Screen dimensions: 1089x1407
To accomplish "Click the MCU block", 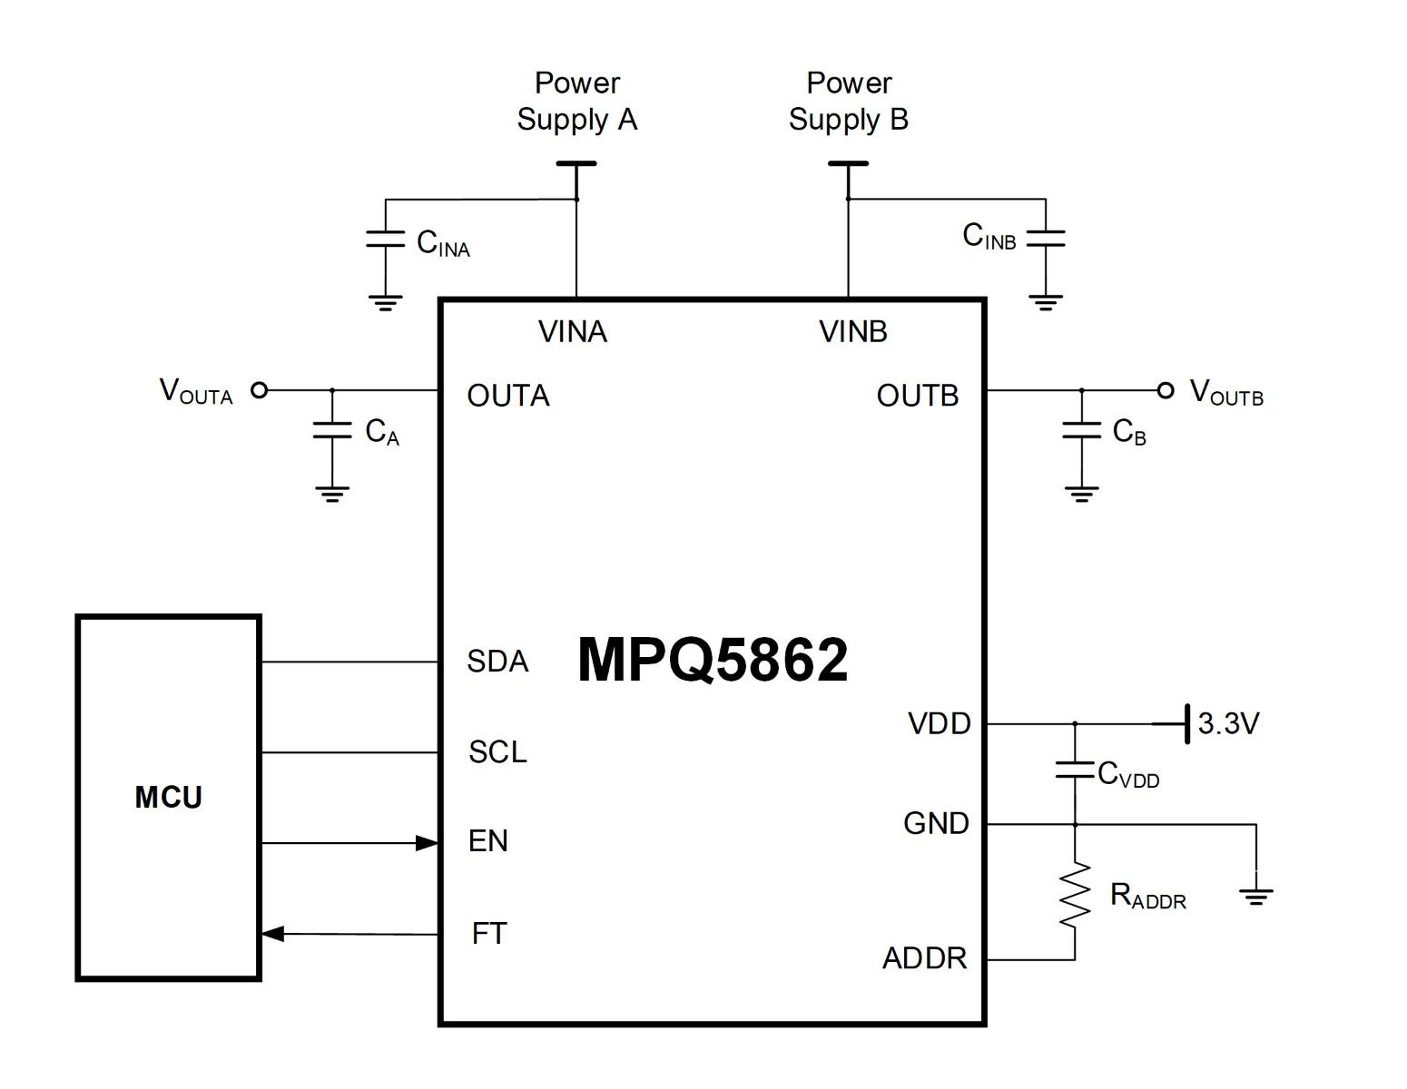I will [169, 798].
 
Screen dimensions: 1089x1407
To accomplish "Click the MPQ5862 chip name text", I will [713, 660].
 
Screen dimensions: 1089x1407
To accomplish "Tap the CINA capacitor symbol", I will [385, 240].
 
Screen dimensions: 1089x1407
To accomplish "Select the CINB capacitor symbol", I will [1046, 238].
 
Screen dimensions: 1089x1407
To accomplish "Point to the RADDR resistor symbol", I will [1075, 895].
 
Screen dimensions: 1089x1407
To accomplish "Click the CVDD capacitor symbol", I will [1075, 771].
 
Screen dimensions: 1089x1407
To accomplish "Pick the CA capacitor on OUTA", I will [332, 430].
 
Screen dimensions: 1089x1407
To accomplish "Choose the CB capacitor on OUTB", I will [1081, 430].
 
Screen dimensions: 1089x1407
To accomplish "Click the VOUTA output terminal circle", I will [260, 390].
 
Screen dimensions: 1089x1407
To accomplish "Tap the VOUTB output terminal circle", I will [1166, 390].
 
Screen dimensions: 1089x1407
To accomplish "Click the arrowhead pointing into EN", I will [427, 843].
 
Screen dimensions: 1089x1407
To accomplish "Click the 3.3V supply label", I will [1228, 723].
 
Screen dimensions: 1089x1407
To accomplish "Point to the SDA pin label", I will [497, 662].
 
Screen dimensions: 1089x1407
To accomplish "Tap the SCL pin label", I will [497, 752].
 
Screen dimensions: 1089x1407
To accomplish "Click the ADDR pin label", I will [924, 958].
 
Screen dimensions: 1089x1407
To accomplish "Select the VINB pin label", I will [852, 332].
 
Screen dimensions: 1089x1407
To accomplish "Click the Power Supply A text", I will [577, 101].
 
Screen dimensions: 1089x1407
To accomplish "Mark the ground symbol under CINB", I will [1046, 302].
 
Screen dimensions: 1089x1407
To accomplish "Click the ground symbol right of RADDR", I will [1256, 897].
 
